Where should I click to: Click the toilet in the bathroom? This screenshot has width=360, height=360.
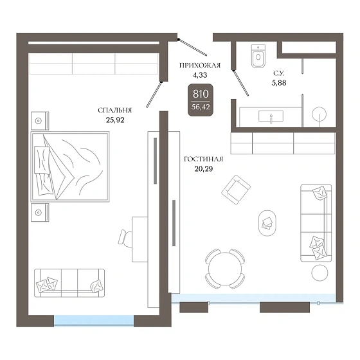258,56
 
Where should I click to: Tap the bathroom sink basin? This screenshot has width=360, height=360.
271,116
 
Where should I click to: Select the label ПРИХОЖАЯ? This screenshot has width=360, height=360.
200,66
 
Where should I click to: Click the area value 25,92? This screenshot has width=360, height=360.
115,120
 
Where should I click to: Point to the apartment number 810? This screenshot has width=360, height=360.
201,94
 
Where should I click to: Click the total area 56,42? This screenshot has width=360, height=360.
201,107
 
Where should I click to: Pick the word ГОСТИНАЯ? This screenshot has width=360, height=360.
203,159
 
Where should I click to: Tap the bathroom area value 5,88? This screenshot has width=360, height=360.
279,83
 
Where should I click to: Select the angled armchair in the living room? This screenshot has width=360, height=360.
236,190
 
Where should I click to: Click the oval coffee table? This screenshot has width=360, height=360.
267,223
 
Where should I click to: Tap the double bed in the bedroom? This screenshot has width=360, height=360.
70,166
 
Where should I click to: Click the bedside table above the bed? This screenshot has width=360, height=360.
40,121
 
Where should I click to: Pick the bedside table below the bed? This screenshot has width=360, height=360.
40,213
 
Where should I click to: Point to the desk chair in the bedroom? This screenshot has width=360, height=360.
125,239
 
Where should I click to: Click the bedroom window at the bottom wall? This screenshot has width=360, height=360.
94,321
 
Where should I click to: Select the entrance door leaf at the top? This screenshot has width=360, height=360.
193,48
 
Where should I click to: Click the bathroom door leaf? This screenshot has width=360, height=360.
241,83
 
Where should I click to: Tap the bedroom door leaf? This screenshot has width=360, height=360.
154,94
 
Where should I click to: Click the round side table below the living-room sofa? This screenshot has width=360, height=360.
319,273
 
